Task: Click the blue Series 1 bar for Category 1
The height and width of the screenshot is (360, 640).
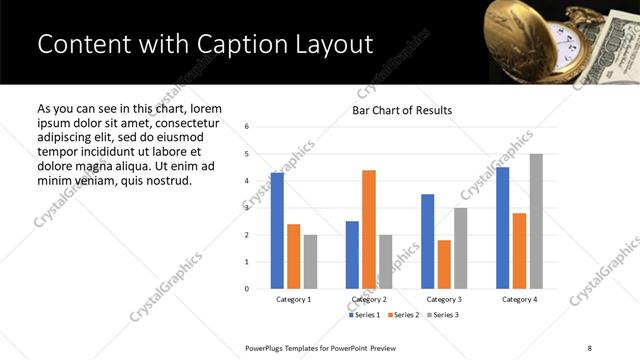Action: coord(277,231)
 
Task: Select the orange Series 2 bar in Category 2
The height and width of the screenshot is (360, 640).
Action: coord(369,229)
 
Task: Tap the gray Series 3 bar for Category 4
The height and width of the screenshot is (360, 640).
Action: coord(536,221)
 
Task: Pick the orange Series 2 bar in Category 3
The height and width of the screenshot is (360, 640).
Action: coord(444,264)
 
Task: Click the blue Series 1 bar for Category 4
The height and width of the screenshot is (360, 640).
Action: coord(502,228)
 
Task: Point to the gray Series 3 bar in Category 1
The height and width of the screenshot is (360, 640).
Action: coord(311,262)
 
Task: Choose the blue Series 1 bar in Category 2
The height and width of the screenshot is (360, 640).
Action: coord(352,255)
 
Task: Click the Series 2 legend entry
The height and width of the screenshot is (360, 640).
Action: coord(402,315)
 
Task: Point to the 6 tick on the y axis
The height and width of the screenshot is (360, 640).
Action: coord(247,127)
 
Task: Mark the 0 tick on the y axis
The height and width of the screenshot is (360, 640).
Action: coord(247,289)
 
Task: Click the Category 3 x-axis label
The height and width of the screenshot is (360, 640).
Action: coord(444,300)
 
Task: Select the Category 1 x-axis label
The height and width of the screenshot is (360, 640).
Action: coord(294,300)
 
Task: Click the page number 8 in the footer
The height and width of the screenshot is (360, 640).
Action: coord(589,347)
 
